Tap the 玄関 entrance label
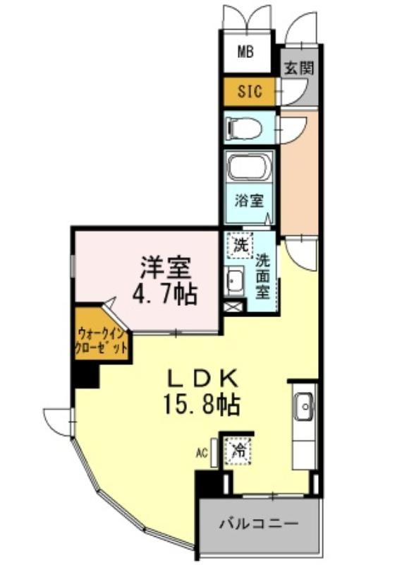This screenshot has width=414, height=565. point(299,68)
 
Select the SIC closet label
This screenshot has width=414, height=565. point(248,91)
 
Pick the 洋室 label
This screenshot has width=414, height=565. point(166,268)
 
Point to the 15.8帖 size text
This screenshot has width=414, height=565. point(202,406)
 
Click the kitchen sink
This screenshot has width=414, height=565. point(304,406)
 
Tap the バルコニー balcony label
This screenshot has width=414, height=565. point(257,524)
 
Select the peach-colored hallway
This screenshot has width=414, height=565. point(300,169)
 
